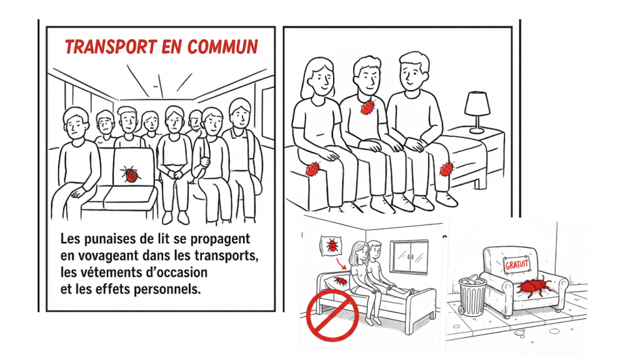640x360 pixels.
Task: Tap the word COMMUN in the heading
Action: (223, 47)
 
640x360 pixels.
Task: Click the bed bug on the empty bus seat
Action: (130, 174)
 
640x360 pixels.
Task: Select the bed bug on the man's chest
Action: (367, 107)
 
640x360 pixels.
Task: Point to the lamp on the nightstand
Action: (477, 112)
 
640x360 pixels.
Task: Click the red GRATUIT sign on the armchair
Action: (517, 265)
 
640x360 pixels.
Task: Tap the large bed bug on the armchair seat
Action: (532, 286)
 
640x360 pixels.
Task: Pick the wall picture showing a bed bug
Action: (332, 246)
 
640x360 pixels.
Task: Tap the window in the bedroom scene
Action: (409, 256)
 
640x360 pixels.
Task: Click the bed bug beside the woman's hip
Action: (312, 169)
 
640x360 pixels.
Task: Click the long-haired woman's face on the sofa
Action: (321, 77)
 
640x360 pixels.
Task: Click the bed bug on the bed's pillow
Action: (341, 281)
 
